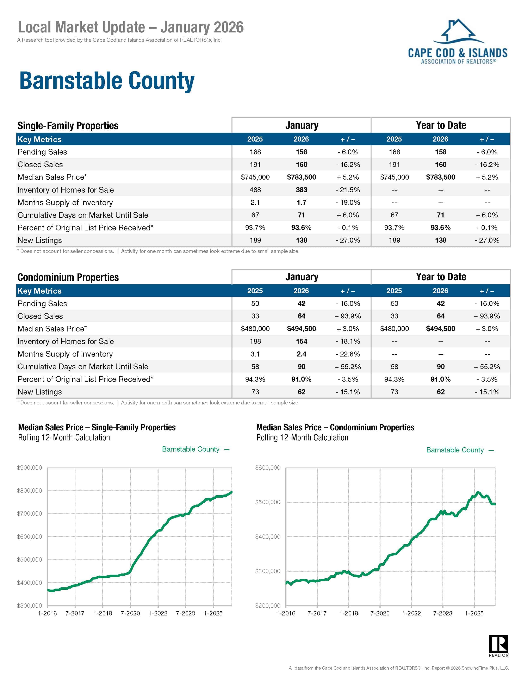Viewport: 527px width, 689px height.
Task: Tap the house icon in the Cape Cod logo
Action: tap(458, 31)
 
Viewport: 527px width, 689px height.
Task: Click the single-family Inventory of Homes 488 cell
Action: tap(255, 190)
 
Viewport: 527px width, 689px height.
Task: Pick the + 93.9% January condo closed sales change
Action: tap(348, 316)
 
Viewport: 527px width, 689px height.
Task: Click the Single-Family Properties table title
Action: tap(68, 126)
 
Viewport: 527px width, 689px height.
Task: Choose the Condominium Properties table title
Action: tap(68, 277)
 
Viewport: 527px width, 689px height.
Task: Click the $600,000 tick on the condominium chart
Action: tap(268, 468)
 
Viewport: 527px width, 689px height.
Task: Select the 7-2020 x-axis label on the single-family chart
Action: tap(130, 613)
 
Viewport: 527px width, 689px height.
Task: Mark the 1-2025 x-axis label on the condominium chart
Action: tap(474, 613)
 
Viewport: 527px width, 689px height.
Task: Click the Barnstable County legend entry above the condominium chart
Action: tap(455, 450)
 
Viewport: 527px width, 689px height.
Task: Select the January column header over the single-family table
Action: tap(302, 125)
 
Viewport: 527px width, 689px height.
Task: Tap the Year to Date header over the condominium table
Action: tap(441, 277)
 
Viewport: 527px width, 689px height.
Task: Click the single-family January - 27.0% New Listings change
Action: tap(348, 240)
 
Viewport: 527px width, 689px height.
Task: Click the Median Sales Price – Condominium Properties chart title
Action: tap(335, 427)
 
